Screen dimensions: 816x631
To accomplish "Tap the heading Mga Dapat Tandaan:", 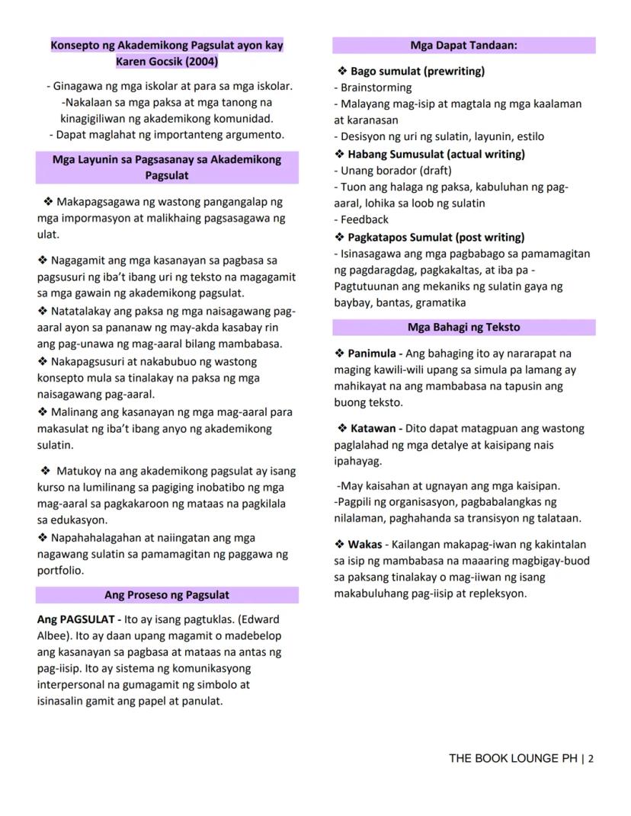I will click(463, 45).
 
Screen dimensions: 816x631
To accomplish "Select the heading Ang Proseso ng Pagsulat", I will click(167, 594).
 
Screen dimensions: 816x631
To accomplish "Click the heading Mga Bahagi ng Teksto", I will click(463, 327).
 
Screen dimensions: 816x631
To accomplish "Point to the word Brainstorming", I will click(376, 88).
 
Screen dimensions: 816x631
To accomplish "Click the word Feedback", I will click(364, 219).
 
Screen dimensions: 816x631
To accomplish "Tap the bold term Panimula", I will click(372, 354).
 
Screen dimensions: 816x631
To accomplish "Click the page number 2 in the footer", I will click(591, 758).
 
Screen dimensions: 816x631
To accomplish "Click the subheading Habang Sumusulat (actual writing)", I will click(436, 154).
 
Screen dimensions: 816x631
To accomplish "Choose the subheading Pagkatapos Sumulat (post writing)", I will click(436, 237).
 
